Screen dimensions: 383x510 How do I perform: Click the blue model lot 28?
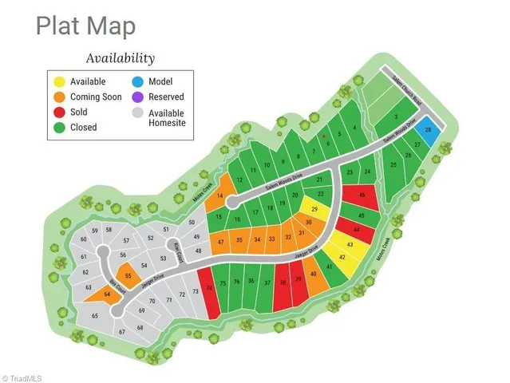[429, 132]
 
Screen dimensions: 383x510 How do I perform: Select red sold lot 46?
[362, 195]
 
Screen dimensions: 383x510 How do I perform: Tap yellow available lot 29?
[314, 210]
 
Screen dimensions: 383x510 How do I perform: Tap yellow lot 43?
[349, 244]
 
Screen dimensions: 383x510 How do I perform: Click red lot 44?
[357, 229]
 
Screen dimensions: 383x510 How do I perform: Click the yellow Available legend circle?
[59, 81]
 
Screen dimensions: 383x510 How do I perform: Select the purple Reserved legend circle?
[138, 97]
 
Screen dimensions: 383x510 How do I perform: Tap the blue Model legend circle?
[138, 81]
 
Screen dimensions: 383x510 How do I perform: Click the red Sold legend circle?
[59, 112]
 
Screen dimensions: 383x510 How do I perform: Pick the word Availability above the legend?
[120, 58]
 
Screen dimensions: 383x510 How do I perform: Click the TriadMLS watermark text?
[22, 377]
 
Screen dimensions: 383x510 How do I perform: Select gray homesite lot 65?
[95, 317]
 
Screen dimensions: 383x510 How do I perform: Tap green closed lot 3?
[396, 116]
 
